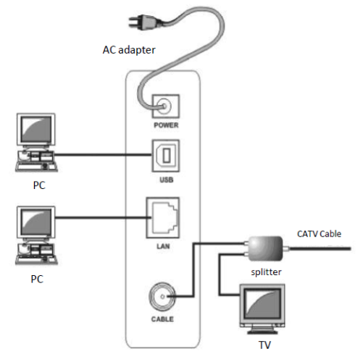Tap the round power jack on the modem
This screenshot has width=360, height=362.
point(166,107)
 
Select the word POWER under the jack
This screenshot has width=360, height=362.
point(166,125)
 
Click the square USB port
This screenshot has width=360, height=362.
point(165,155)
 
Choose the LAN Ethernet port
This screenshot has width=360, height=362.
point(164,214)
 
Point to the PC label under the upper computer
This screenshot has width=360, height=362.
point(39,185)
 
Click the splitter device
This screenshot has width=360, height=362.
point(264,247)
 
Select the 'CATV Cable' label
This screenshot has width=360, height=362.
point(319,233)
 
